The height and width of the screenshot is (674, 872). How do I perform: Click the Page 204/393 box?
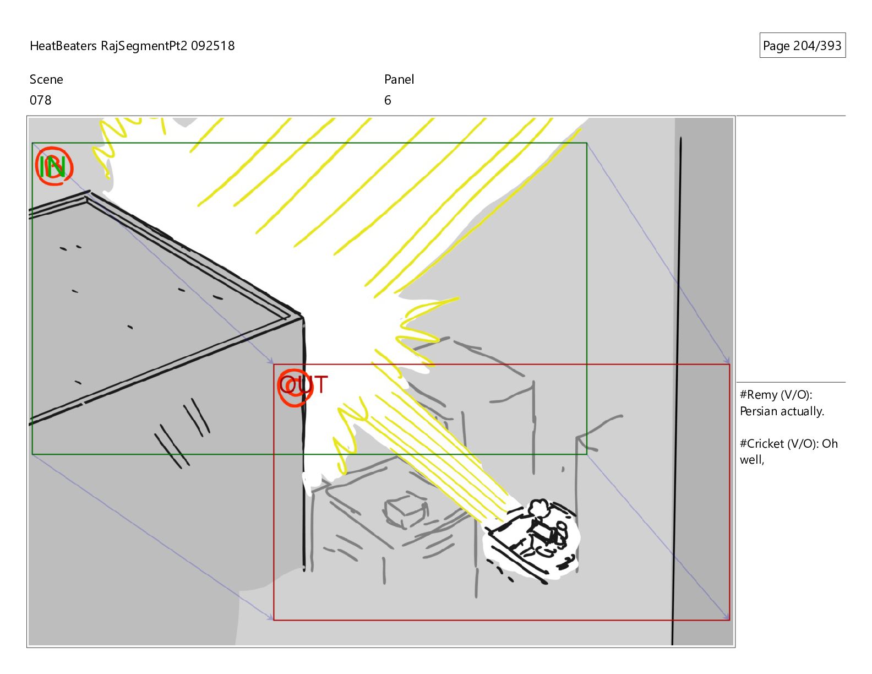(802, 45)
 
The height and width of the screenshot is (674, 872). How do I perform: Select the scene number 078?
(41, 100)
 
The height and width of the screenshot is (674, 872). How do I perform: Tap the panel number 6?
(387, 100)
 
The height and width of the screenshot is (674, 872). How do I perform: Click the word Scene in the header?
(46, 79)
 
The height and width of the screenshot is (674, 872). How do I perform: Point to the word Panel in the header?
(399, 79)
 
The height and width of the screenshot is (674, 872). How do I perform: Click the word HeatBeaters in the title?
(63, 46)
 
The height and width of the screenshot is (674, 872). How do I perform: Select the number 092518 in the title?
(212, 46)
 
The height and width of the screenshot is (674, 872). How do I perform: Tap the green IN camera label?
(52, 166)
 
